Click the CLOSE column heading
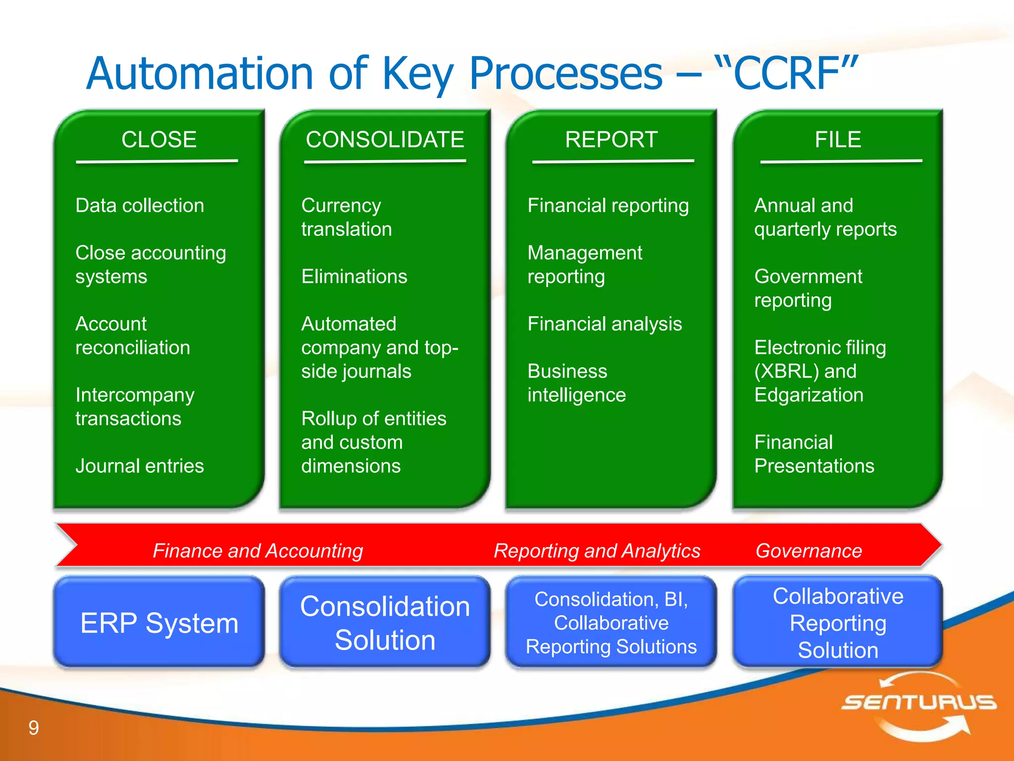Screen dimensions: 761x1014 [x=159, y=140]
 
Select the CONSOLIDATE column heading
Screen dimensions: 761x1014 [x=385, y=140]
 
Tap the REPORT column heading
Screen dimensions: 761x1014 [x=611, y=140]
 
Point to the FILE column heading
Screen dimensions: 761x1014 [x=838, y=140]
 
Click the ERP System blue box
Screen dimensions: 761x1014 [x=159, y=623]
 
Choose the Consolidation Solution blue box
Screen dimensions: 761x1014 [x=385, y=623]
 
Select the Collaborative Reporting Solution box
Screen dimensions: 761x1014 [x=838, y=623]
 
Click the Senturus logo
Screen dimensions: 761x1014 [x=918, y=704]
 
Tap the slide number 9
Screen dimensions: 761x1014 [x=34, y=728]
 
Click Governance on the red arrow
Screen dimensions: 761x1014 [x=809, y=551]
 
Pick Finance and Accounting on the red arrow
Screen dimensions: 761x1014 [x=257, y=551]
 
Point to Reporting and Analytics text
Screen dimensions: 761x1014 [x=597, y=551]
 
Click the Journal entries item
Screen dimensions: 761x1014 [x=140, y=466]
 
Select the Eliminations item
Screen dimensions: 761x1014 [x=354, y=276]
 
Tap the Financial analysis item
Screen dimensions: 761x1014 [x=605, y=324]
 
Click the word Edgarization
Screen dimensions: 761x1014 [x=809, y=395]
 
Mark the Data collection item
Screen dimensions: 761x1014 [x=140, y=206]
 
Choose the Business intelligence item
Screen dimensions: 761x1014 [x=577, y=383]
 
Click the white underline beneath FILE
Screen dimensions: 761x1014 [x=841, y=162]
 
